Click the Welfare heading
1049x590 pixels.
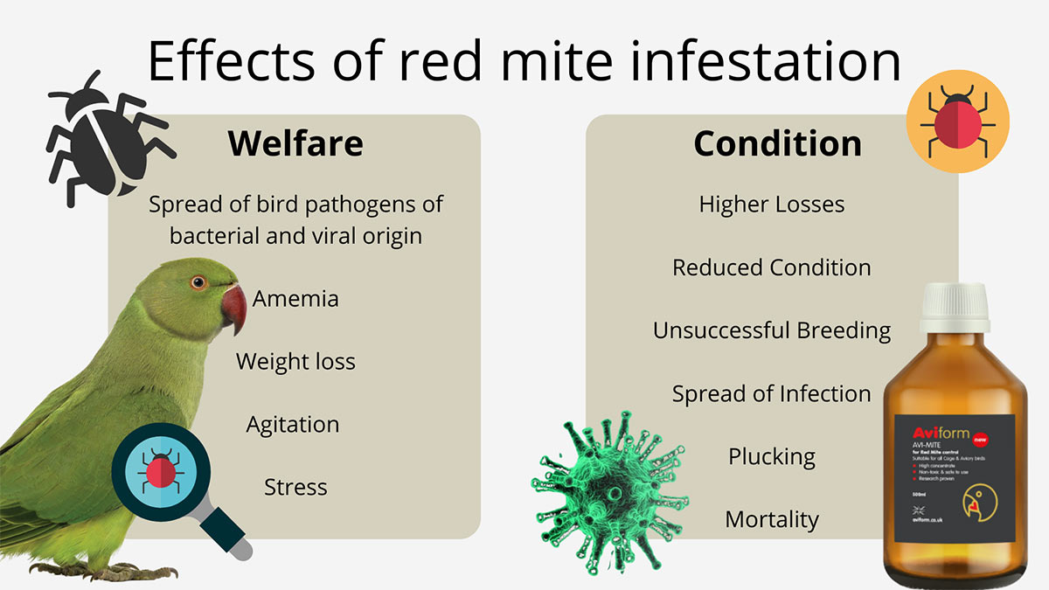pyautogui.click(x=295, y=143)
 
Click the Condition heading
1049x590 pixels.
pyautogui.click(x=777, y=143)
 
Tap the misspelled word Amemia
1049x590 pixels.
pyautogui.click(x=295, y=299)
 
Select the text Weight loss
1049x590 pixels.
pyautogui.click(x=295, y=362)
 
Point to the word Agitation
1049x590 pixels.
pyautogui.click(x=292, y=425)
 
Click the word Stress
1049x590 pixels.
pyautogui.click(x=295, y=487)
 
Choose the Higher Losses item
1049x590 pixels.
pyautogui.click(x=772, y=205)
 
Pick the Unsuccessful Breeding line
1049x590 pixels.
pyautogui.click(x=772, y=330)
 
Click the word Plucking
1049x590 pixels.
pyautogui.click(x=772, y=456)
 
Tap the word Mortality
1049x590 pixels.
pyautogui.click(x=772, y=519)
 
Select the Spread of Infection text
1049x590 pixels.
pyautogui.click(x=772, y=393)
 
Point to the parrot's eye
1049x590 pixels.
pyautogui.click(x=198, y=281)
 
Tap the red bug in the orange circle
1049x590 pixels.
pyautogui.click(x=957, y=121)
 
